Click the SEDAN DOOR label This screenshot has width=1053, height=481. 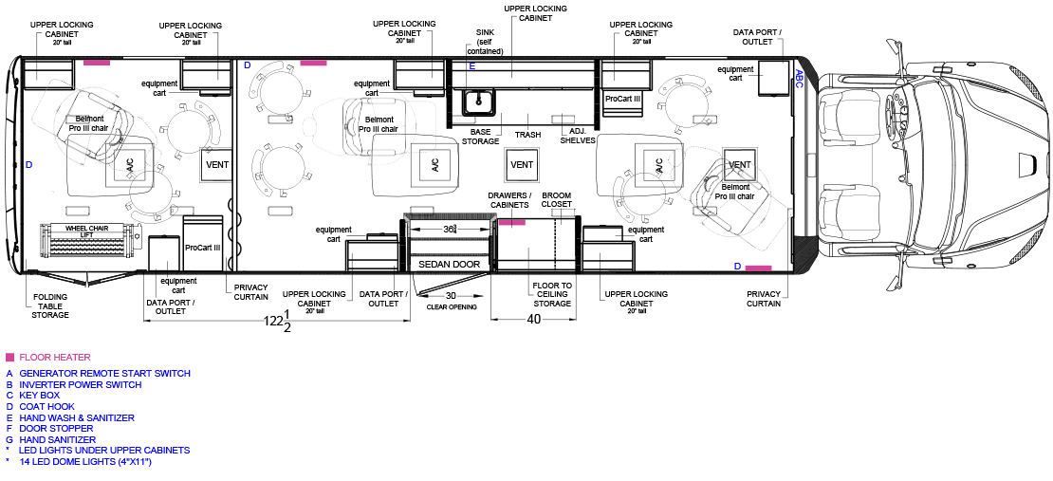450,264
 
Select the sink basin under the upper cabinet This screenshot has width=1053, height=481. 479,102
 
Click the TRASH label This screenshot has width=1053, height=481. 527,135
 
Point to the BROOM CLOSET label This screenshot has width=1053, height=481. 557,199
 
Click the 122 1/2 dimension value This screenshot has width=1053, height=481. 276,321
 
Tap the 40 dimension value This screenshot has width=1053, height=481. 534,320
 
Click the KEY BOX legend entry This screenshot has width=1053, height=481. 40,396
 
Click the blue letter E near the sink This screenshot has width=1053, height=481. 472,65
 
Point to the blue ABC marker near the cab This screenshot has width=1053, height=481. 799,80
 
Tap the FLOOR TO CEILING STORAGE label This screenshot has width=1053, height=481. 553,295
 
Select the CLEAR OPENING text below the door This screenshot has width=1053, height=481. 452,307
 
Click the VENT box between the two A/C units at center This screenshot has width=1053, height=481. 522,164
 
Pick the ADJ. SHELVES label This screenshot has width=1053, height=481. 578,137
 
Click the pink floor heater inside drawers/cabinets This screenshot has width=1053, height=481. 511,222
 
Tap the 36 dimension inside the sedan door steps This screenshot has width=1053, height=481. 450,229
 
